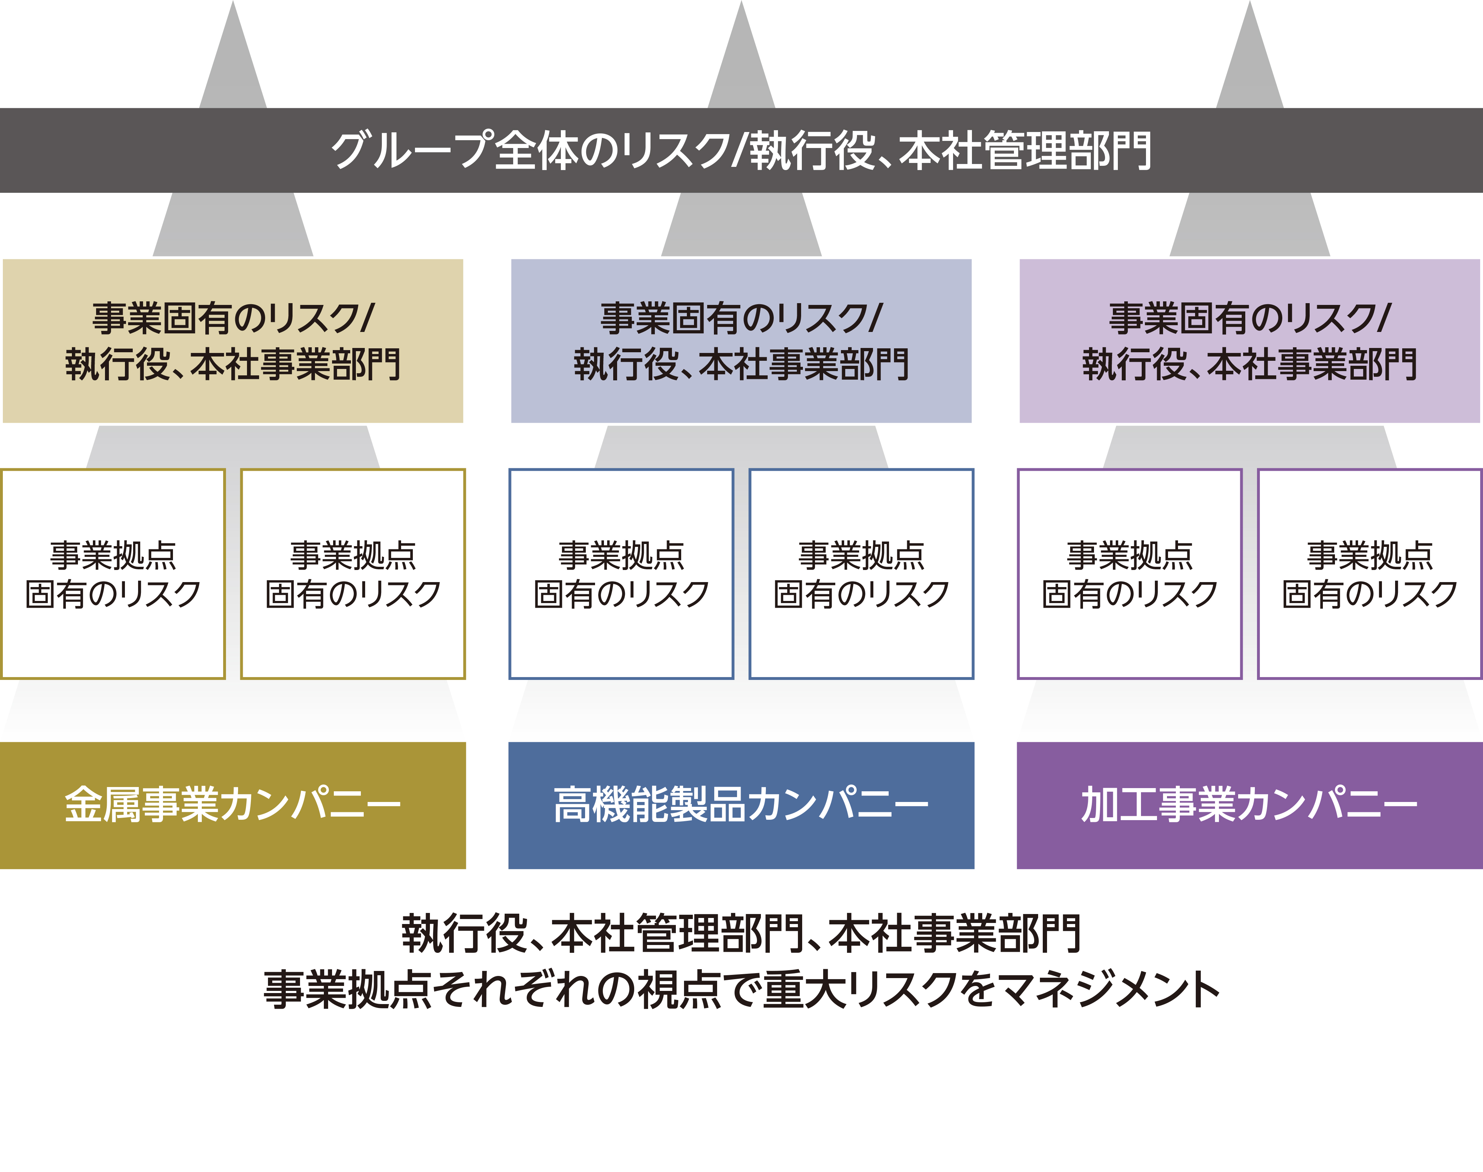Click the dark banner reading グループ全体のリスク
coord(741,150)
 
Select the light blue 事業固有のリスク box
coord(741,341)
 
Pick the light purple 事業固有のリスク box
coord(1250,341)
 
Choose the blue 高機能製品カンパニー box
coord(741,805)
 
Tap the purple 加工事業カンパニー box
coord(1250,805)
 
